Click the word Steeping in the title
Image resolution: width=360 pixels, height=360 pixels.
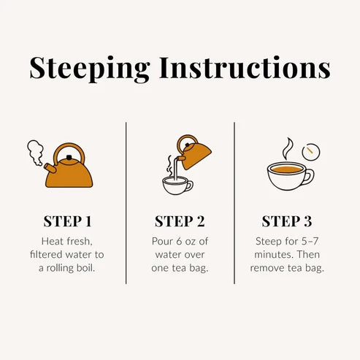coord(90,69)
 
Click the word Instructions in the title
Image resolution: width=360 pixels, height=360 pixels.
coord(245,67)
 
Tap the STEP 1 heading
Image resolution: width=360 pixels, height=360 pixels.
coord(67,221)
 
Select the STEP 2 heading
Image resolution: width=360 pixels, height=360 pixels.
coord(180,221)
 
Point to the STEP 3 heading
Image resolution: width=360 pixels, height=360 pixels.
coord(287,221)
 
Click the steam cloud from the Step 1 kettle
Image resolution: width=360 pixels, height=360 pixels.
coord(35,152)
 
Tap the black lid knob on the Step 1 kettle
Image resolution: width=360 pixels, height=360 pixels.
coord(69,157)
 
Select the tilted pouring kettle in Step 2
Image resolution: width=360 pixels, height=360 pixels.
coord(194,152)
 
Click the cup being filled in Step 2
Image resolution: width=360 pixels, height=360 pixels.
coord(177,185)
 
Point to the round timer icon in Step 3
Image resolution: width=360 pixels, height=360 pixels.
coord(311,152)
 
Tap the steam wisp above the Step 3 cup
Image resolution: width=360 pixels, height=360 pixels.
coord(287,149)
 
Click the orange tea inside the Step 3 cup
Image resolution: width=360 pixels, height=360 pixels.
coord(286,169)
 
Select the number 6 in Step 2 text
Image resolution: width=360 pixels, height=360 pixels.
coord(179,242)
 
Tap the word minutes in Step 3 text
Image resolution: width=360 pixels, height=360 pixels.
coord(270,255)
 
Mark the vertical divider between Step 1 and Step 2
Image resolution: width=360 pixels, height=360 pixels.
coord(126,203)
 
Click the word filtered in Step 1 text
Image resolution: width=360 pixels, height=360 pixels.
coord(45,255)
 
